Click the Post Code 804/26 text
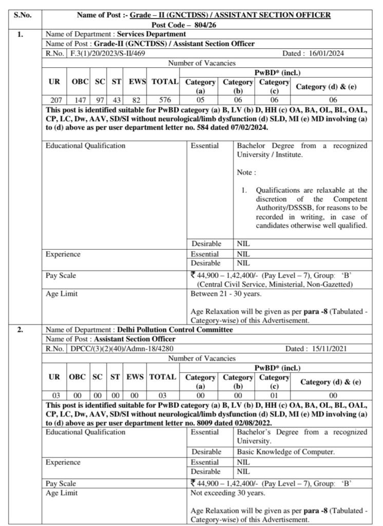204,25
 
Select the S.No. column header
23,16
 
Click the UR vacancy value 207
55,100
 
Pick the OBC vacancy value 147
80,100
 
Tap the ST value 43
116,100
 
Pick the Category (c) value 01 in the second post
274,395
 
